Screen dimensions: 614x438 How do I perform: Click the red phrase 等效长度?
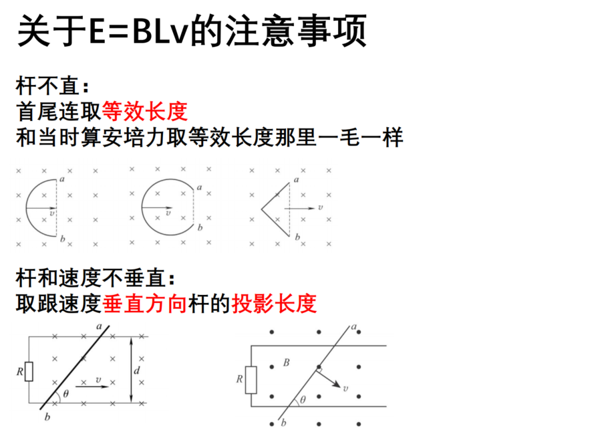click(145, 112)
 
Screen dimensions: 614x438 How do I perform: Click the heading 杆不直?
click(53, 86)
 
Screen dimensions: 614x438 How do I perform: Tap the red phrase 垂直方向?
click(145, 304)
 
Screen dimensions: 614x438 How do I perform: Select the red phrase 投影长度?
click(274, 304)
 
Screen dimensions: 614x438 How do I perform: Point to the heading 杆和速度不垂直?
click(96, 279)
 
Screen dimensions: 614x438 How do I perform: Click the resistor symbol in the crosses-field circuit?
click(29, 371)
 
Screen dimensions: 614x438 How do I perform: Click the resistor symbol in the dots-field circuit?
click(251, 380)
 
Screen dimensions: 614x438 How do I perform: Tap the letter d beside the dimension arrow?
click(137, 370)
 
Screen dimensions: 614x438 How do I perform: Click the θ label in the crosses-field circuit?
click(65, 394)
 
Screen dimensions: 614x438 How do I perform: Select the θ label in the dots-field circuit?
click(303, 400)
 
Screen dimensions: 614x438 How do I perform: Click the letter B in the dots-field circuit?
click(286, 363)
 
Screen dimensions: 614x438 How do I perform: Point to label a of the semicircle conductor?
click(62, 179)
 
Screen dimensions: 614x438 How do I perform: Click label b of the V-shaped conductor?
click(297, 237)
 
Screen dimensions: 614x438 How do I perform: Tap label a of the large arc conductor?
click(199, 187)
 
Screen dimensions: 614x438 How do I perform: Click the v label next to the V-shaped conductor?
click(320, 207)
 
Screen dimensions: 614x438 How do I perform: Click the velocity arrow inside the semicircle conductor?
click(41, 208)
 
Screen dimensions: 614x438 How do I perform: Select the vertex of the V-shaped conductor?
click(262, 209)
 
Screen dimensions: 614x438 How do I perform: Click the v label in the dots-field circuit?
click(345, 389)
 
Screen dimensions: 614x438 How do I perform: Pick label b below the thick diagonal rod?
click(47, 417)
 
